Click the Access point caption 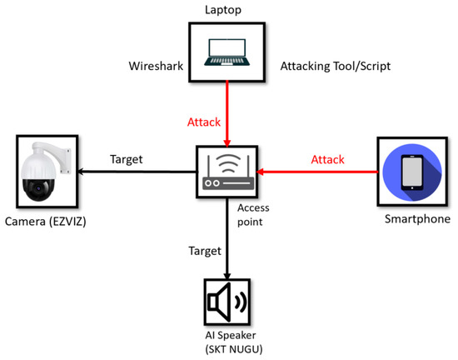[254, 216]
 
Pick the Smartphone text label [411, 221]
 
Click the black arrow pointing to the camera [132, 172]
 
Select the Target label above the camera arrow [126, 158]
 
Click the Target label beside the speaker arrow [204, 249]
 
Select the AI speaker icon [227, 302]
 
